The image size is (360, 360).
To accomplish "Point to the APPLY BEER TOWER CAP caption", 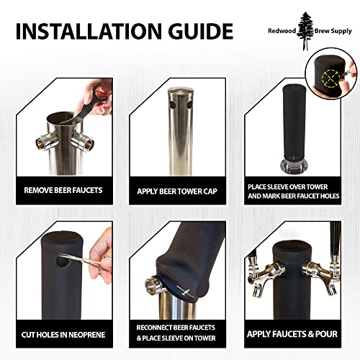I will tap(176, 192).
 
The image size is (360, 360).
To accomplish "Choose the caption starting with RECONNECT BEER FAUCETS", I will tap(177, 334).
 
